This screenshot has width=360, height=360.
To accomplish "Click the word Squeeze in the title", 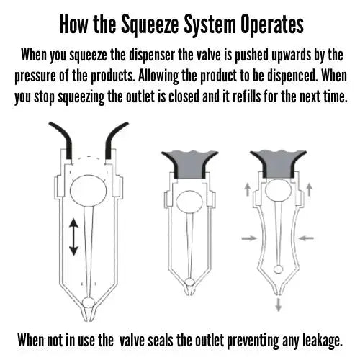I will pos(152,24).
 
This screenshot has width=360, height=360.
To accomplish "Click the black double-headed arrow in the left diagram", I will pos(73,238).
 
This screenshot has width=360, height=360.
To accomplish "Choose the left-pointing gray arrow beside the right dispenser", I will pos(303,237).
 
